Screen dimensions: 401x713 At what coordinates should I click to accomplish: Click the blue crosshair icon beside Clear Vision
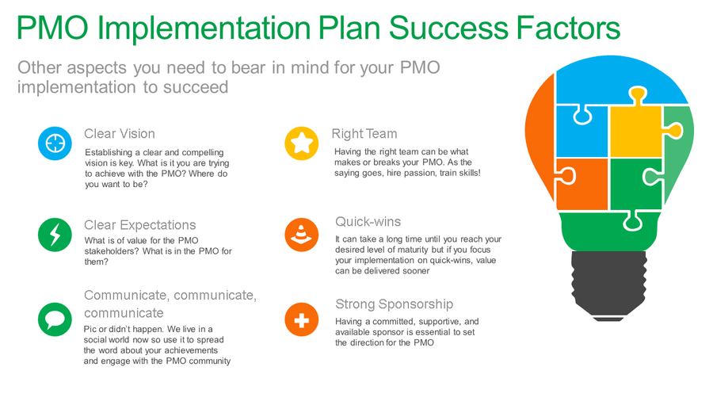pyautogui.click(x=55, y=143)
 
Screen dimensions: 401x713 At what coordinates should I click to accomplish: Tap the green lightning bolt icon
pyautogui.click(x=55, y=235)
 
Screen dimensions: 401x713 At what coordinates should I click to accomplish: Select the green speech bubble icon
pyautogui.click(x=55, y=319)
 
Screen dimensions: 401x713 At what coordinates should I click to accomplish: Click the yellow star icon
pyautogui.click(x=301, y=143)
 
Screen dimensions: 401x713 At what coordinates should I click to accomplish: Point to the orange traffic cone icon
pyautogui.click(x=301, y=235)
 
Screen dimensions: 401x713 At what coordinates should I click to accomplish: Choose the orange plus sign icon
pyautogui.click(x=301, y=319)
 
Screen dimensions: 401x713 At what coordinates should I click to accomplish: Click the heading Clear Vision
pyautogui.click(x=120, y=134)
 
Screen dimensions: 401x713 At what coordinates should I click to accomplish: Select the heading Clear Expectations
pyautogui.click(x=140, y=225)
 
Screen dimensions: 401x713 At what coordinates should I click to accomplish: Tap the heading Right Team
pyautogui.click(x=364, y=134)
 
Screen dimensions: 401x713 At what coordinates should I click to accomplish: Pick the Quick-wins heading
pyautogui.click(x=368, y=221)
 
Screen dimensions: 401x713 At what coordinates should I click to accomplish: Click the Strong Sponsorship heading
pyautogui.click(x=394, y=304)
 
